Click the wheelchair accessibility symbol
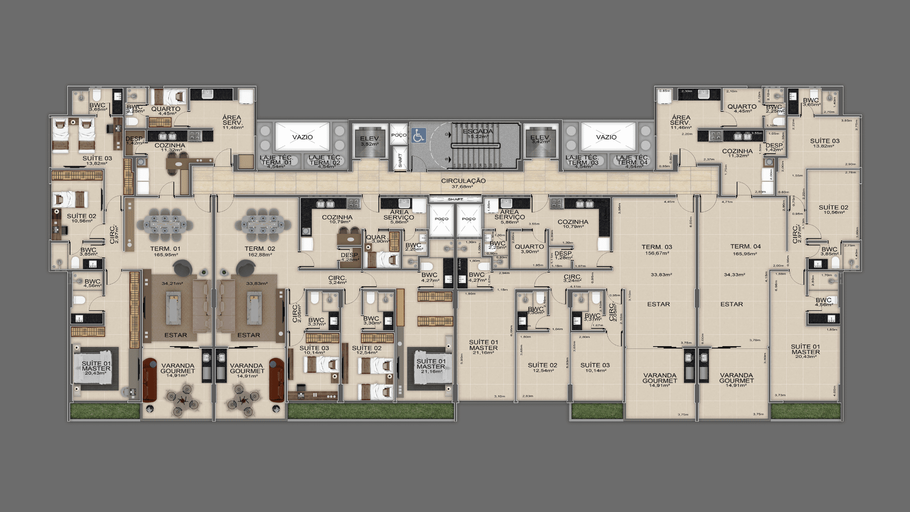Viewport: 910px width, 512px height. pos(418,136)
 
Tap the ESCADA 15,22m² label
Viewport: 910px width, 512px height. pos(478,134)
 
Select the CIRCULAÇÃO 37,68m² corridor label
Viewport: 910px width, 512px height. pos(463,183)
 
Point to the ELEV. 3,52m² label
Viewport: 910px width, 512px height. pos(370,141)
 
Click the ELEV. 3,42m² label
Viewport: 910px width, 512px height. pos(540,139)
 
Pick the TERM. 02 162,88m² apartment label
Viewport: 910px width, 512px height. pos(260,251)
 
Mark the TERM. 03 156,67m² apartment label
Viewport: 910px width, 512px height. pos(657,250)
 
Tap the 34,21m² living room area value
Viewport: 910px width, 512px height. pos(172,283)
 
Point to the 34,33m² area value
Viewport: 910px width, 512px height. pos(734,274)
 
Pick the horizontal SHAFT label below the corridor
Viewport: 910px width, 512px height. pos(455,200)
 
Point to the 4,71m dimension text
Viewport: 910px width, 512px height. pos(727,201)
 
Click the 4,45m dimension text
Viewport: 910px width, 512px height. pos(669,201)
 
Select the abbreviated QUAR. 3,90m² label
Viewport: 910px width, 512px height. pos(378,239)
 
